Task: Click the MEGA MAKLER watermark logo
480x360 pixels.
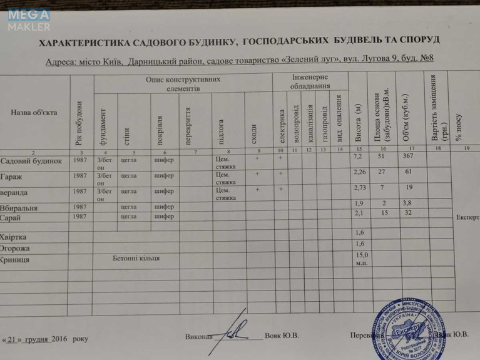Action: pyautogui.click(x=29, y=19)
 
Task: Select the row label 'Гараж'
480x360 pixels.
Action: pyautogui.click(x=13, y=176)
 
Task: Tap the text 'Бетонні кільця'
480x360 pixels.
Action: pyautogui.click(x=136, y=257)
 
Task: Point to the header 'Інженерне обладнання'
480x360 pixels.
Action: pyautogui.click(x=310, y=81)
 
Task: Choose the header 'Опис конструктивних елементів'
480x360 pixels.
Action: pyautogui.click(x=182, y=85)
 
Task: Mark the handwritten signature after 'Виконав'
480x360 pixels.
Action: pyautogui.click(x=235, y=331)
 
